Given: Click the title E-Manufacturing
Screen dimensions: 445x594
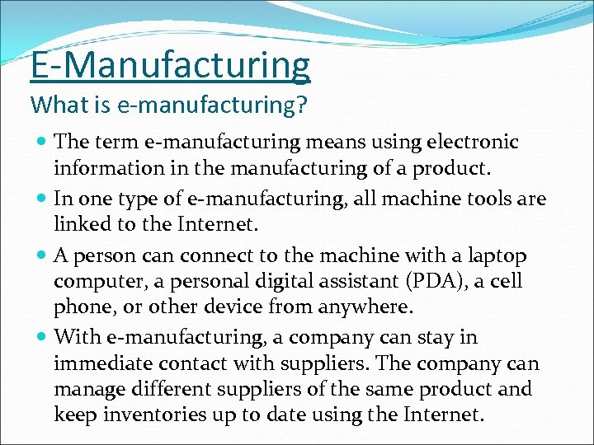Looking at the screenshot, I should click(170, 66).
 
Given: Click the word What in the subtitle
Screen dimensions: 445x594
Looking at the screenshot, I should click(53, 105).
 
